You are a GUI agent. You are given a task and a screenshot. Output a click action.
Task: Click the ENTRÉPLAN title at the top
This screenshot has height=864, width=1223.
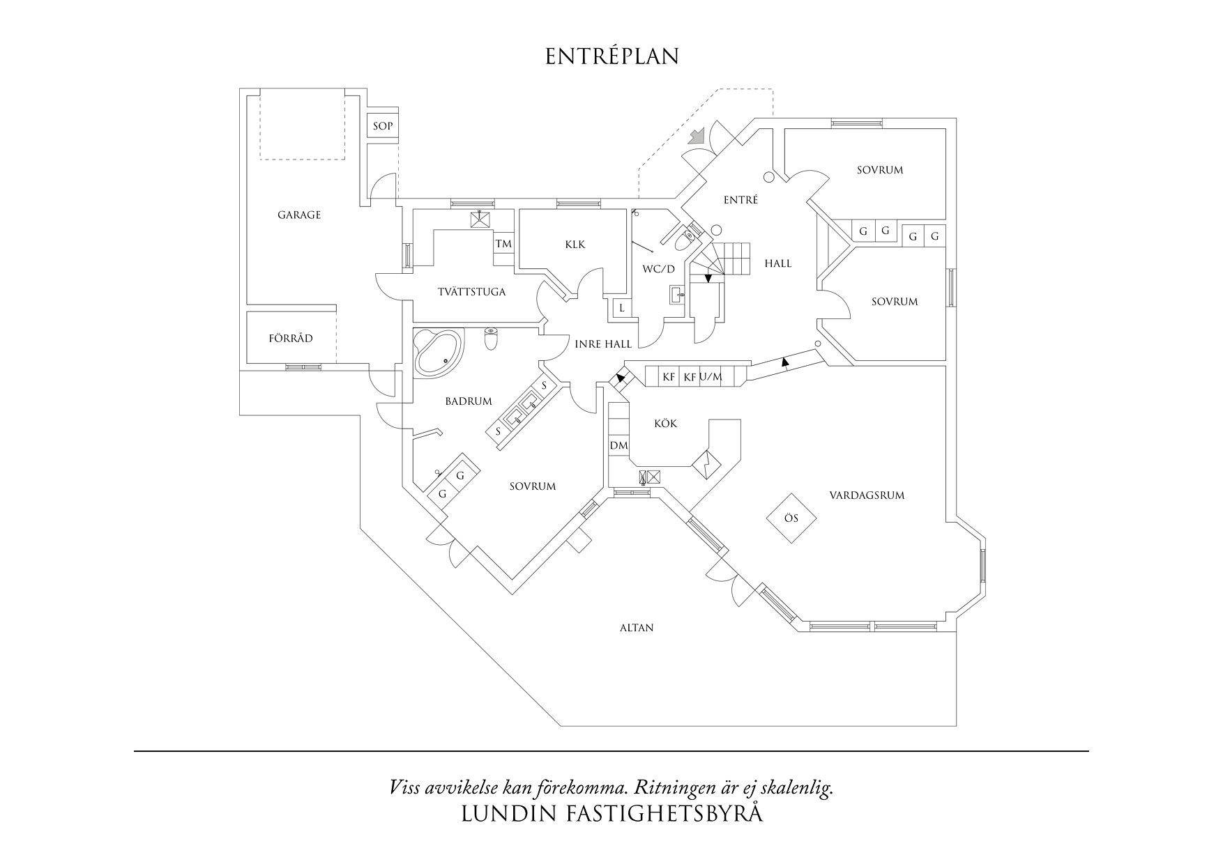(611, 56)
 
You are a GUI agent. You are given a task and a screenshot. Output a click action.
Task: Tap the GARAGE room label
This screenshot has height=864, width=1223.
(299, 215)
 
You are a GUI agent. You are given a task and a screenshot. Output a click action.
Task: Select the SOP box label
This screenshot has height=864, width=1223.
(382, 126)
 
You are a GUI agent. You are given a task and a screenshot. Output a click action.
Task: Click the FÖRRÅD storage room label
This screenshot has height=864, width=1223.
(291, 339)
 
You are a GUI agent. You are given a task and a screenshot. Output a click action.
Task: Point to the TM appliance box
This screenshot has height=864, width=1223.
(503, 244)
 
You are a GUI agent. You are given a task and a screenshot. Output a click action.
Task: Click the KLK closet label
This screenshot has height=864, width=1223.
(575, 245)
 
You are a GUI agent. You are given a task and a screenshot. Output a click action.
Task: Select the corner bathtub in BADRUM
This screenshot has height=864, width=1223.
(438, 353)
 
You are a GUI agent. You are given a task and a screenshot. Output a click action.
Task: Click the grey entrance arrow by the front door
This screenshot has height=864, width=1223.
(697, 134)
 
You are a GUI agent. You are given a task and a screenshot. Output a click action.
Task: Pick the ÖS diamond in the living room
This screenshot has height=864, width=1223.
(791, 518)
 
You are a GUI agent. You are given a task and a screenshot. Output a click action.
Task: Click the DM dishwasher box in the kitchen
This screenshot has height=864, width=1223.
(618, 445)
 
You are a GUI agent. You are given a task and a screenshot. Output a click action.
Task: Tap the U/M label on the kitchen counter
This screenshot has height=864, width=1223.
(711, 377)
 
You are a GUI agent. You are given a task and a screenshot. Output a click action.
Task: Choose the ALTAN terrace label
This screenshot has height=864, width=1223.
(637, 628)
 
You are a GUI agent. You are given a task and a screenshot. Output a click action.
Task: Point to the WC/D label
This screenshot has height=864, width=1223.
(658, 269)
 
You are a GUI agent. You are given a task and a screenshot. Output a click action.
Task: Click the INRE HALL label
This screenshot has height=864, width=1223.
(603, 344)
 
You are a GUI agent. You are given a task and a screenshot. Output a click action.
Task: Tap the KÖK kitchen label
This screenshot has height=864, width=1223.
(665, 424)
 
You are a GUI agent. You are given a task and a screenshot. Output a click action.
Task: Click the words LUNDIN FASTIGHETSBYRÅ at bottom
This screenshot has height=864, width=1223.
(611, 814)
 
